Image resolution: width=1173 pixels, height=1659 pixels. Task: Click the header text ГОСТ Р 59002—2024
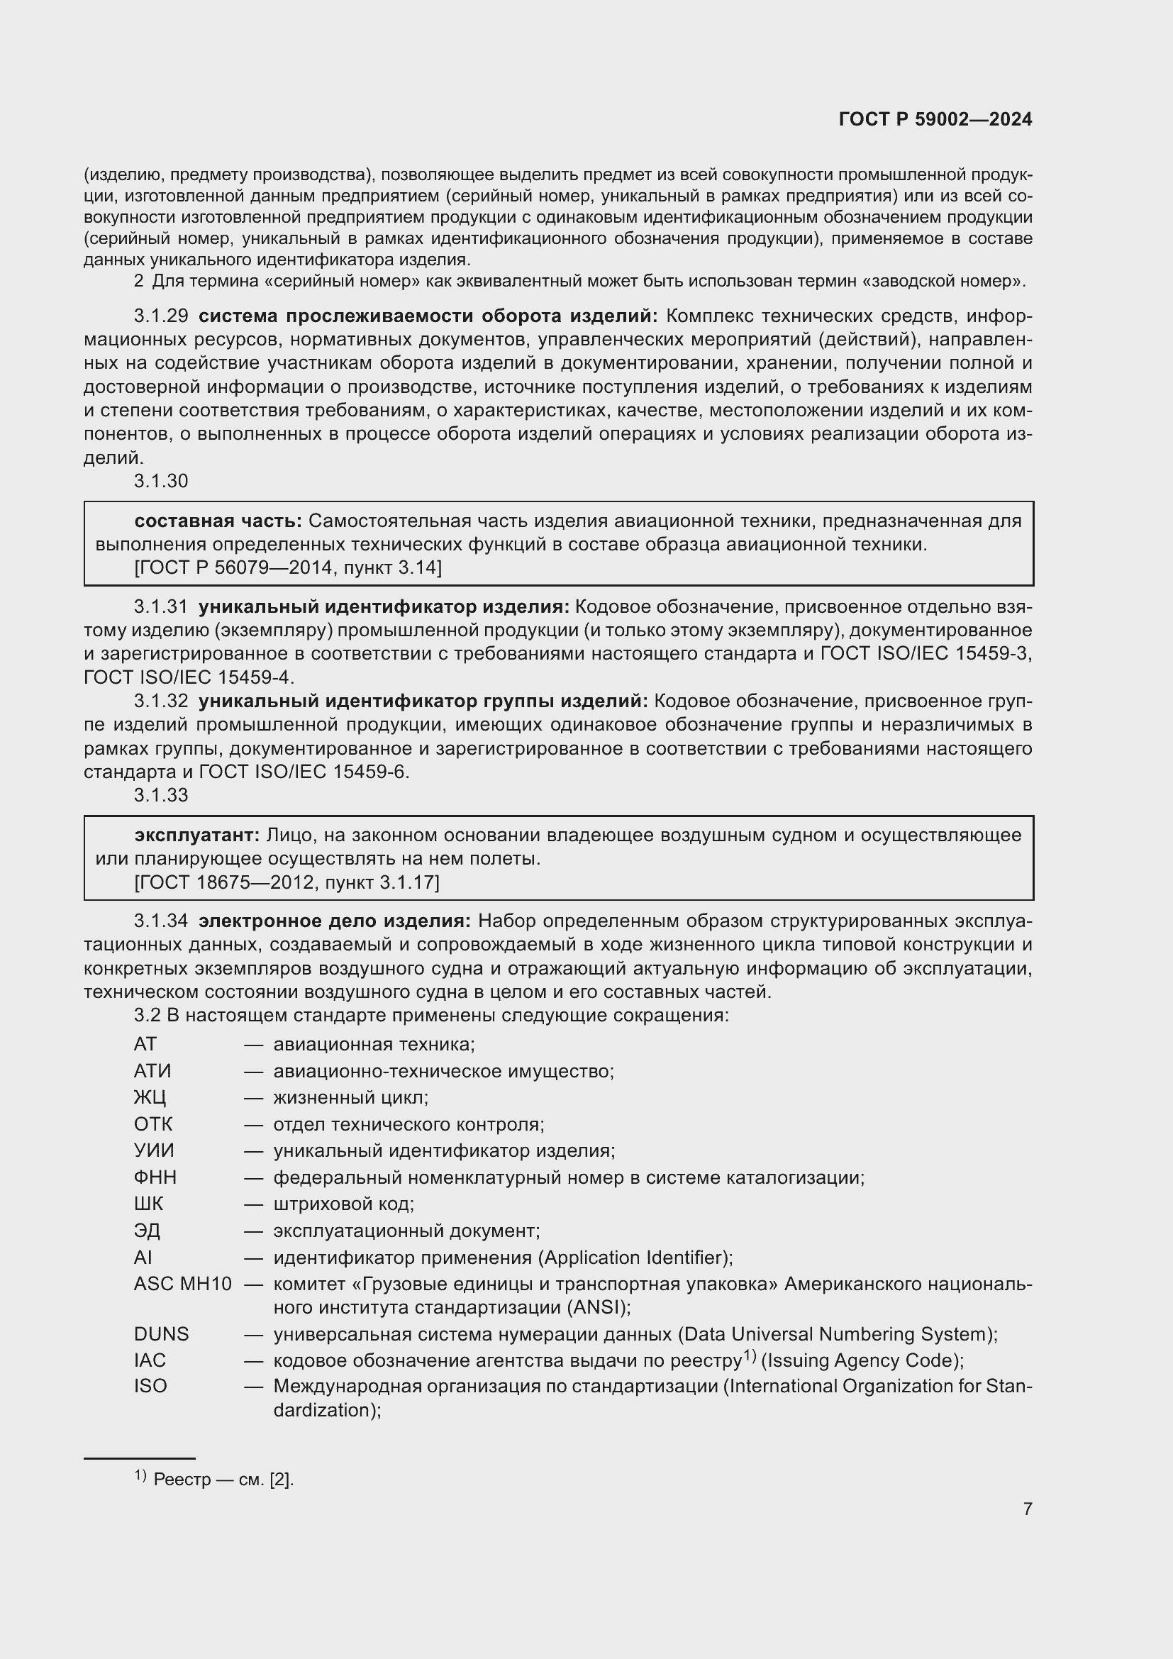[935, 120]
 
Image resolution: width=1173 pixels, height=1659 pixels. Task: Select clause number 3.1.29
[160, 316]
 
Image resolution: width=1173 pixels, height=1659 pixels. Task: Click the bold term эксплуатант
[196, 836]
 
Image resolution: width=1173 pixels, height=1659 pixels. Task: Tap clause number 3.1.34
[160, 921]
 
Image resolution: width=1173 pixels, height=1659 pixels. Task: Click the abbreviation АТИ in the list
[152, 1072]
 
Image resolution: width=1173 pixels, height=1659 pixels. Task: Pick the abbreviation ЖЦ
[150, 1098]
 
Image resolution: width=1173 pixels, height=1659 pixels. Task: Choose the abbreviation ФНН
[155, 1178]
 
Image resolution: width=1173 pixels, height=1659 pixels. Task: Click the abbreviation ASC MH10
[182, 1284]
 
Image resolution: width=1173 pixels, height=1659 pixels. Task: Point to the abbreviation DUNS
[160, 1334]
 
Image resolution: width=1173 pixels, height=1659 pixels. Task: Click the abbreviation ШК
[148, 1204]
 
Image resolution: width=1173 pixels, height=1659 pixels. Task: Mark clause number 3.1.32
[160, 701]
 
